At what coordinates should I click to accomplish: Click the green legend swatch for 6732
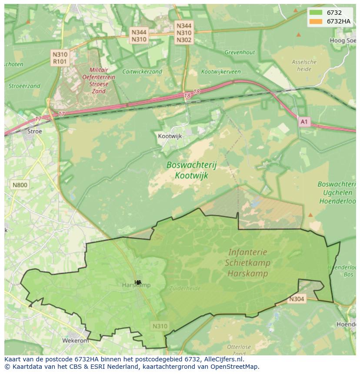(316, 13)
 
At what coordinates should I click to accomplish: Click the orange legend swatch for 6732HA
(316, 21)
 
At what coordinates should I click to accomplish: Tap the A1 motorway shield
(304, 122)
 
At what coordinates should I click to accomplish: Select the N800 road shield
(20, 185)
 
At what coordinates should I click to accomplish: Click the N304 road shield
(297, 299)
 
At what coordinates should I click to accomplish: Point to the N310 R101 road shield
(60, 58)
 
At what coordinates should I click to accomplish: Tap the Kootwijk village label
(170, 136)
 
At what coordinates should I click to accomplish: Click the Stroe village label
(35, 131)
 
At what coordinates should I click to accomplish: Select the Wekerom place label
(75, 341)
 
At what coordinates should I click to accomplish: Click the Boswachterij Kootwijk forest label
(191, 170)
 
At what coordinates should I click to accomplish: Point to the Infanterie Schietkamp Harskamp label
(247, 263)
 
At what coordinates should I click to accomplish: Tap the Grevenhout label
(240, 53)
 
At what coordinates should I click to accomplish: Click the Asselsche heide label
(304, 65)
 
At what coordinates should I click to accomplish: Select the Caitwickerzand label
(142, 72)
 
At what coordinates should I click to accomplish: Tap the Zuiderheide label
(185, 288)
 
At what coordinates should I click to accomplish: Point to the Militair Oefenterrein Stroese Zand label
(99, 80)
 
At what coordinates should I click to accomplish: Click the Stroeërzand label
(24, 86)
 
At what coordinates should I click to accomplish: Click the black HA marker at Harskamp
(138, 282)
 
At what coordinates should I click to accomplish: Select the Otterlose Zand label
(239, 350)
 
